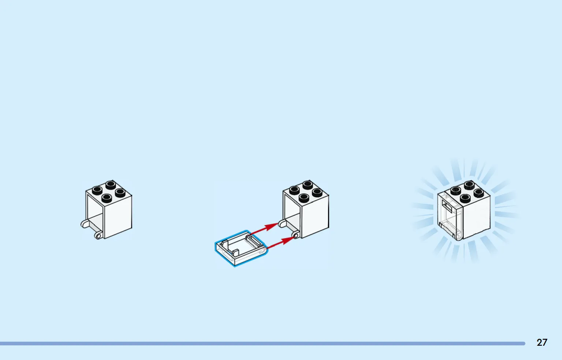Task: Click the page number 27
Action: (x=542, y=342)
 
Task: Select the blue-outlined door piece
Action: (x=240, y=248)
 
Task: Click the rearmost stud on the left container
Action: (x=111, y=184)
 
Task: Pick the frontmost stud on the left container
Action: (x=107, y=198)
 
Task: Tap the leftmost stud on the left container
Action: (x=97, y=190)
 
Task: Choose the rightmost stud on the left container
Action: (x=120, y=192)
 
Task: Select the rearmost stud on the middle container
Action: (x=308, y=184)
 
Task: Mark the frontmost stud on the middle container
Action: (x=304, y=198)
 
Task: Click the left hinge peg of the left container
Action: (x=84, y=224)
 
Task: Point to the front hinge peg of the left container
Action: (x=98, y=235)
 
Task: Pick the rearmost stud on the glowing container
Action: (x=469, y=185)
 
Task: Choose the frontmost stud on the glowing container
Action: (x=465, y=199)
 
